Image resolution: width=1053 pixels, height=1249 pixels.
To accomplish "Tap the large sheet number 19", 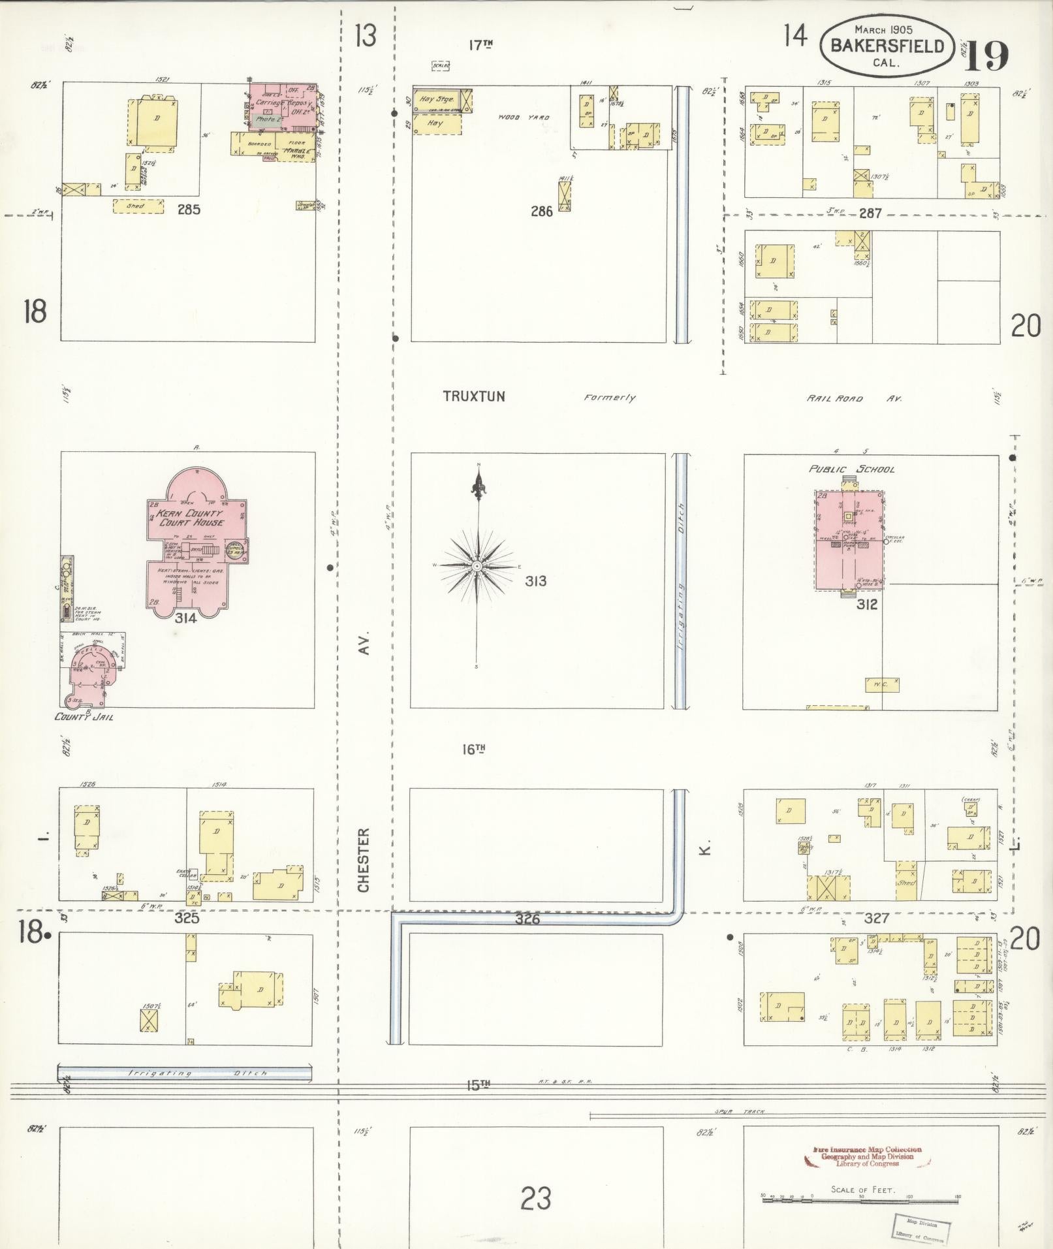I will pyautogui.click(x=987, y=56).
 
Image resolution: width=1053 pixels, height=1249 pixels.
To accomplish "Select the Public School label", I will pyautogui.click(x=851, y=469).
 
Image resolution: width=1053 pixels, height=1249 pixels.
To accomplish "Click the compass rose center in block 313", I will pyautogui.click(x=478, y=565).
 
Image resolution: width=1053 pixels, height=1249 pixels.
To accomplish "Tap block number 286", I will pyautogui.click(x=541, y=211).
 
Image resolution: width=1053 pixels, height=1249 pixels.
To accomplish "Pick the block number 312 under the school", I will pyautogui.click(x=867, y=605).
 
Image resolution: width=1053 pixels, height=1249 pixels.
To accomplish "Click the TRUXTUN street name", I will pyautogui.click(x=473, y=396).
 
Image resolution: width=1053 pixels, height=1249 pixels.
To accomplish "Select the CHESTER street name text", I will pyautogui.click(x=364, y=860).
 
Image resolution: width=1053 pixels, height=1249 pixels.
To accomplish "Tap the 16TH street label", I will pyautogui.click(x=475, y=750).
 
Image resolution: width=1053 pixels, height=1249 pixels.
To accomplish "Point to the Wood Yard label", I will pyautogui.click(x=524, y=118).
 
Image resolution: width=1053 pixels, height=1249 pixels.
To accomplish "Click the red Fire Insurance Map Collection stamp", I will pyautogui.click(x=867, y=1156).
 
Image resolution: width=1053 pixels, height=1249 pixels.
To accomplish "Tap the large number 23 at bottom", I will pyautogui.click(x=535, y=1199).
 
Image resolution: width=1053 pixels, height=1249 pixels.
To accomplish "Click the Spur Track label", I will pyautogui.click(x=739, y=1111).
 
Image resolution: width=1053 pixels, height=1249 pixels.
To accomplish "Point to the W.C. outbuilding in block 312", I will pyautogui.click(x=881, y=685).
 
